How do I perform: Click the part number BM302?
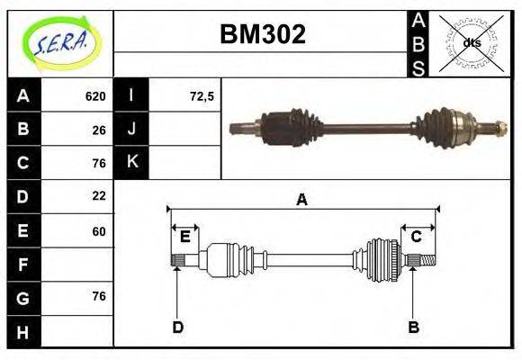[x=263, y=34]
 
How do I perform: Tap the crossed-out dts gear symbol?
[x=471, y=43]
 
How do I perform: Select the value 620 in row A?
[x=94, y=96]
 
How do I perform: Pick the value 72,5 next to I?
[x=202, y=96]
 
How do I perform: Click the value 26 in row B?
[x=99, y=130]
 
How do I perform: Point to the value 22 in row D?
[x=99, y=195]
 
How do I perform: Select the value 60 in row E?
[x=99, y=230]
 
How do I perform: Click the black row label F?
[x=23, y=265]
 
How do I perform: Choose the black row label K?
[x=132, y=163]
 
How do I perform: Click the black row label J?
[x=132, y=130]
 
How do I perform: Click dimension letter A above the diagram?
[x=302, y=200]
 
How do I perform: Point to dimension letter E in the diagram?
[x=184, y=237]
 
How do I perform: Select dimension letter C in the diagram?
[x=417, y=237]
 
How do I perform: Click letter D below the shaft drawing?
[x=177, y=327]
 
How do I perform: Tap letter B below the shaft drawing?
[x=413, y=327]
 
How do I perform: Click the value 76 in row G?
[x=99, y=296]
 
